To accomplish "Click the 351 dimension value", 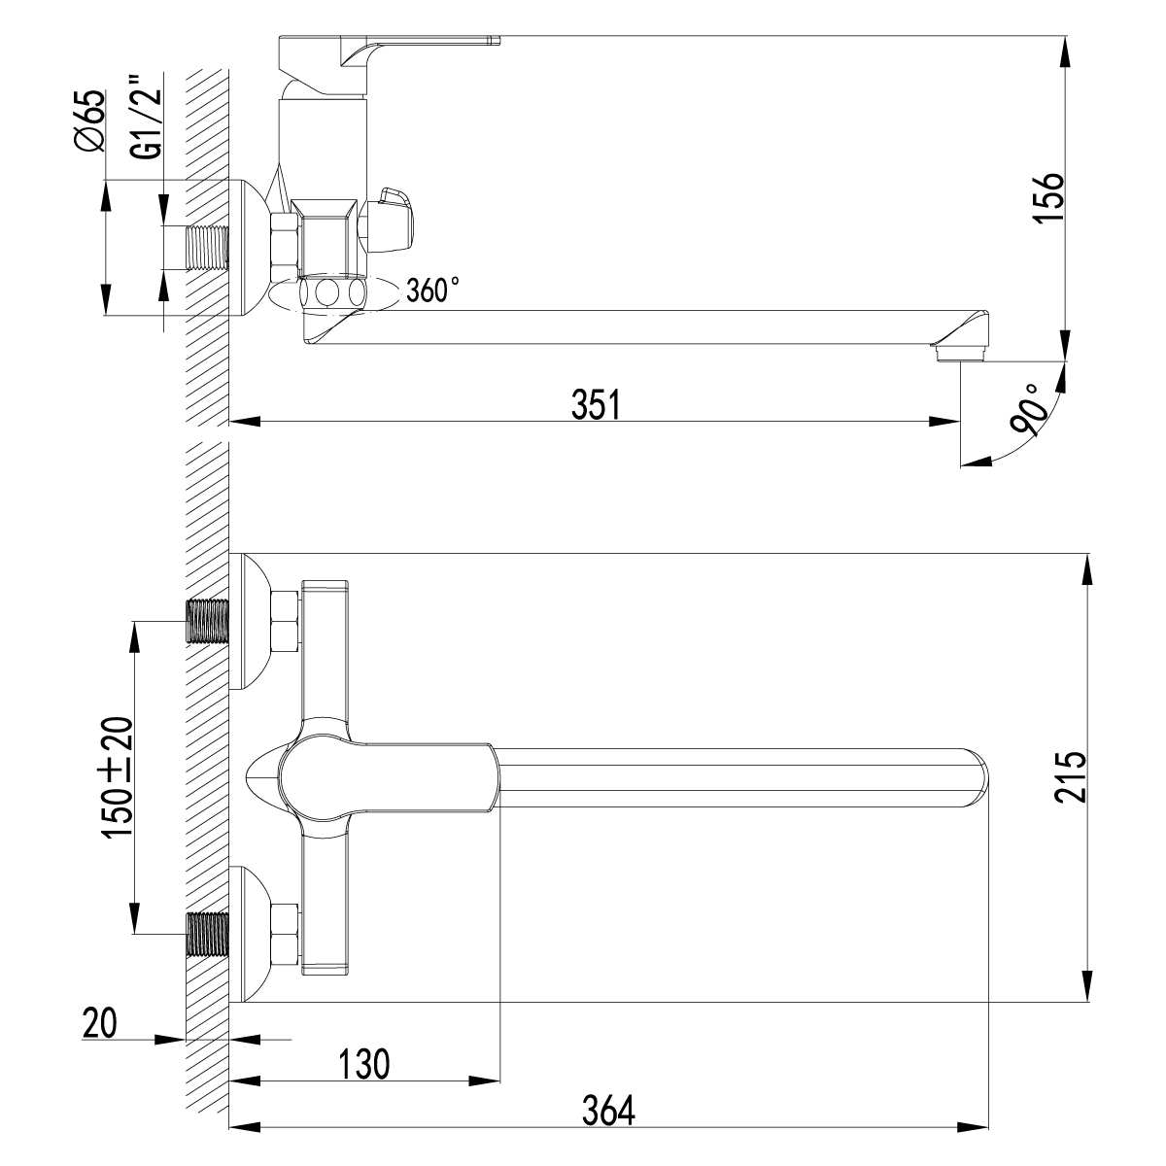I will click(595, 406).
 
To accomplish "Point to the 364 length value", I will click(609, 1111).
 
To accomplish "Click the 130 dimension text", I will click(364, 1064).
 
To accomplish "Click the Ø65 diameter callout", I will click(88, 120).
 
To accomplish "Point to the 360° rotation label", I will click(432, 291).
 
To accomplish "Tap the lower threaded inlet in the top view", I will click(207, 934).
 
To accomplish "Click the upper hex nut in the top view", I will click(285, 621).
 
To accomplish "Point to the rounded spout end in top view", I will click(977, 776).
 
